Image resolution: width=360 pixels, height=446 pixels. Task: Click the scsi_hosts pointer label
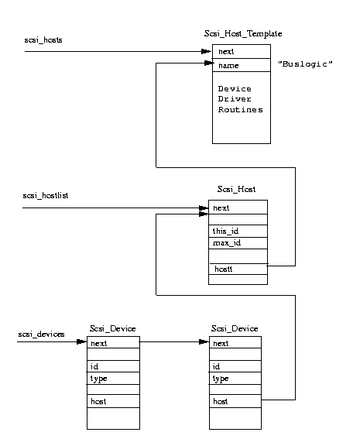coord(43,40)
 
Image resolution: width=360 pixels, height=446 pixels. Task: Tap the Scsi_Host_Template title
coord(243,34)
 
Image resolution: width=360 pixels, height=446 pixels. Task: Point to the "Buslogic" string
coord(305,64)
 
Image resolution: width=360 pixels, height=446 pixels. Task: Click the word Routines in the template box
coord(241,110)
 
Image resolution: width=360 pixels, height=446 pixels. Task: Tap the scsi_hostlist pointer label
coord(46,196)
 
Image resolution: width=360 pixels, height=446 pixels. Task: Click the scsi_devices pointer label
coord(41,334)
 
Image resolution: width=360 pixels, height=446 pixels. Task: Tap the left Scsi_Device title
coord(113,329)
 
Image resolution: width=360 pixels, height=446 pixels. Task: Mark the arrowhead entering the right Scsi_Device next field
coord(204,341)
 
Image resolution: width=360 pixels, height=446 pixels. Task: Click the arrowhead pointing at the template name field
coord(209,63)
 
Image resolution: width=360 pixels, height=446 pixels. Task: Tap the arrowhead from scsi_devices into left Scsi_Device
coord(82,341)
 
